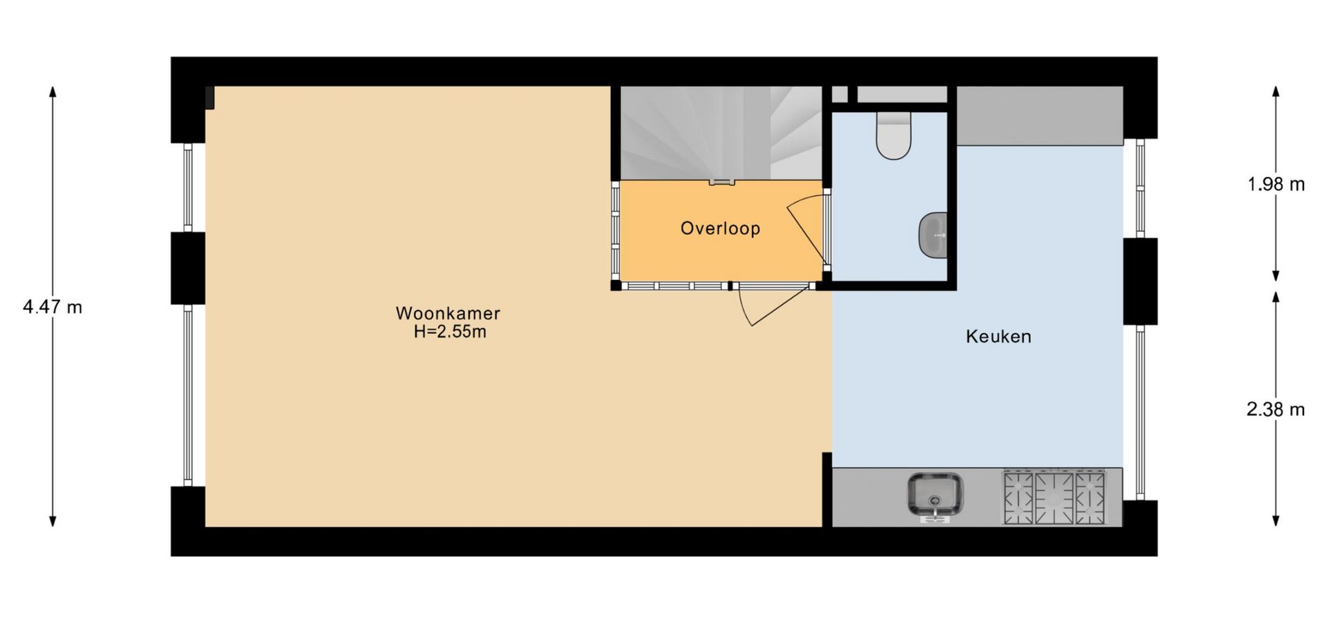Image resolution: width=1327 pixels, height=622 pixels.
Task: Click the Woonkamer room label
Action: tap(448, 313)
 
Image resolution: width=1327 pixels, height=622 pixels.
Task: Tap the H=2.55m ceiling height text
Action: tap(450, 332)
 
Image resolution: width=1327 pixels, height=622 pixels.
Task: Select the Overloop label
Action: tap(720, 229)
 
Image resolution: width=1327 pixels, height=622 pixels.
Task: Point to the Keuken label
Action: tap(998, 337)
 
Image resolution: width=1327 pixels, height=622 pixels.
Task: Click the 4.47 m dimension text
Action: tap(53, 307)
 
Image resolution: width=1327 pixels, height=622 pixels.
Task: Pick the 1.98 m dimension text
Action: tap(1276, 185)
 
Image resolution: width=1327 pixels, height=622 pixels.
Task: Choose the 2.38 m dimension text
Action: tap(1276, 410)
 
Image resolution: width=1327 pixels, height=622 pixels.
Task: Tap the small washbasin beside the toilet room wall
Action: tap(933, 235)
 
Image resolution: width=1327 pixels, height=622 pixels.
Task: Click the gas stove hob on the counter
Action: tap(1054, 497)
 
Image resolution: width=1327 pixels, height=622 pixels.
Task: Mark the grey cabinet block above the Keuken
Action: tap(1039, 116)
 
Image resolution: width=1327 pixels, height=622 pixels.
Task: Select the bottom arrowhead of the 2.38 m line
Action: tap(1276, 520)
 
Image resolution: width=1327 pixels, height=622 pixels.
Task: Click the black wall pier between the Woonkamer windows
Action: tap(188, 268)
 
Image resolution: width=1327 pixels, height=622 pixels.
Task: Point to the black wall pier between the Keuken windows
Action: tap(1140, 281)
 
